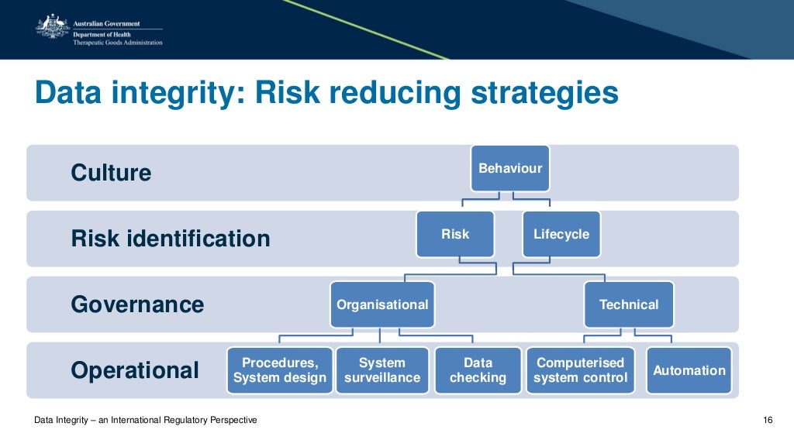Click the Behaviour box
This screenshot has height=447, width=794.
pyautogui.click(x=510, y=168)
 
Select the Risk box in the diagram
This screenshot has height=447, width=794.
pyautogui.click(x=455, y=234)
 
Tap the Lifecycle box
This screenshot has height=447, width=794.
pyautogui.click(x=561, y=234)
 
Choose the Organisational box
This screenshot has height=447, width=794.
pyautogui.click(x=382, y=304)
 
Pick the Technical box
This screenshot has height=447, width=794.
pyautogui.click(x=629, y=304)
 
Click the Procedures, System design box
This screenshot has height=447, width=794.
pyautogui.click(x=280, y=370)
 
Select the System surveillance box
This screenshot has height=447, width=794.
pyautogui.click(x=382, y=370)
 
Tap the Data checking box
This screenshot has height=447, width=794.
pyautogui.click(x=478, y=370)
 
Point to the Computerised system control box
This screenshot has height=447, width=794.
pyautogui.click(x=580, y=370)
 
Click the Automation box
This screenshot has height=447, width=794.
pyautogui.click(x=689, y=370)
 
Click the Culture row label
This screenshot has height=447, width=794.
pyautogui.click(x=111, y=173)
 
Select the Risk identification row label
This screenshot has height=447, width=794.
pyautogui.click(x=171, y=239)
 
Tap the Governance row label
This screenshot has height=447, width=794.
pyautogui.click(x=137, y=304)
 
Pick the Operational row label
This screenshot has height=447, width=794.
pyautogui.click(x=135, y=370)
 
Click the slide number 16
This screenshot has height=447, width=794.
pyautogui.click(x=768, y=420)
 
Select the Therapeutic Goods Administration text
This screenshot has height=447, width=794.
pyautogui.click(x=117, y=43)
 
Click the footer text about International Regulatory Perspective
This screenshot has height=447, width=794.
pyautogui.click(x=146, y=420)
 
